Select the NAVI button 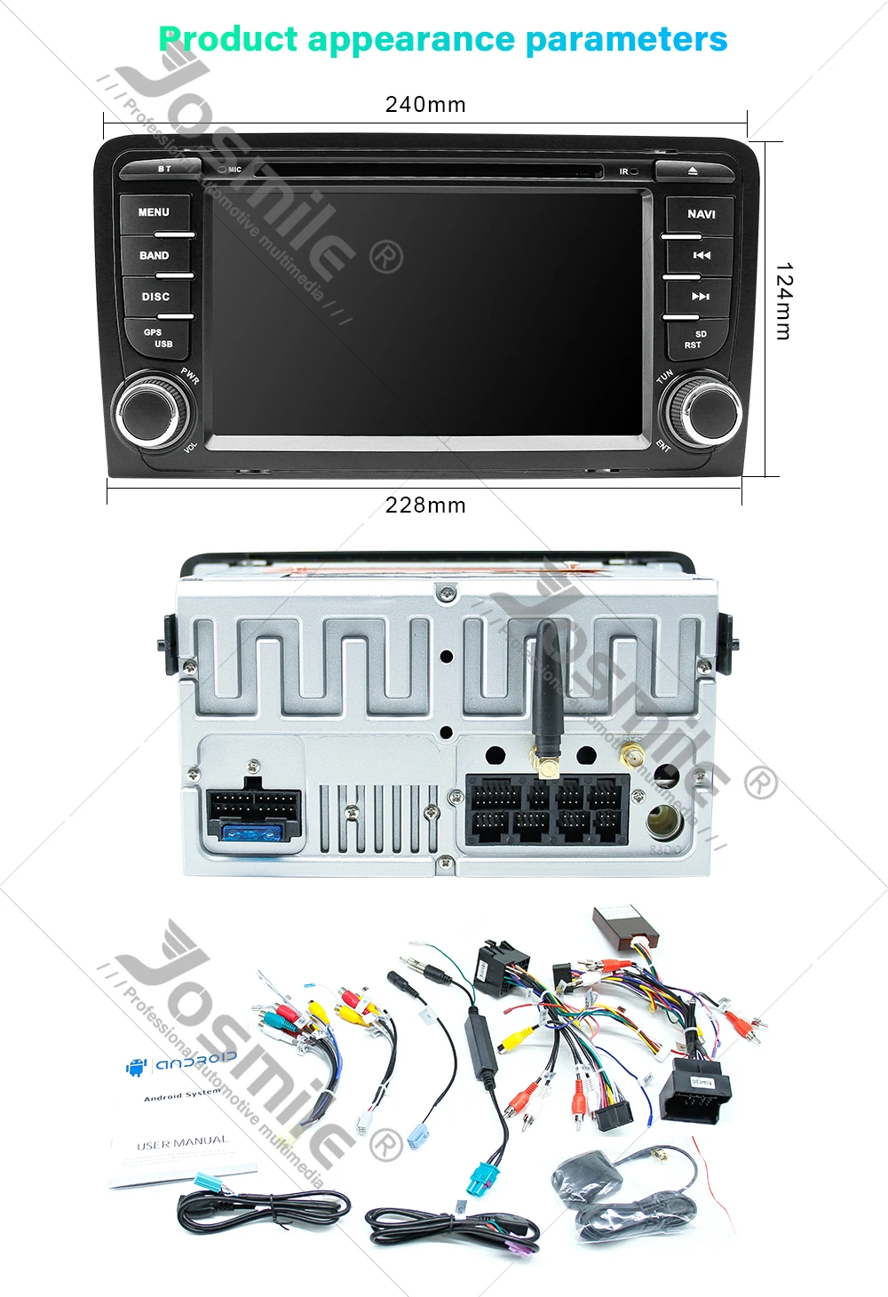[701, 215]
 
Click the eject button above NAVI [693, 170]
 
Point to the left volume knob [152, 411]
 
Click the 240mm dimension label [425, 105]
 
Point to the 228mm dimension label [425, 505]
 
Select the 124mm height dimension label [782, 301]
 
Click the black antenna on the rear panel [545, 693]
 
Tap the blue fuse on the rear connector [252, 832]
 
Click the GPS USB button [158, 338]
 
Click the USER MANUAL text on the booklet [182, 1142]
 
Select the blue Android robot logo [136, 1067]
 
